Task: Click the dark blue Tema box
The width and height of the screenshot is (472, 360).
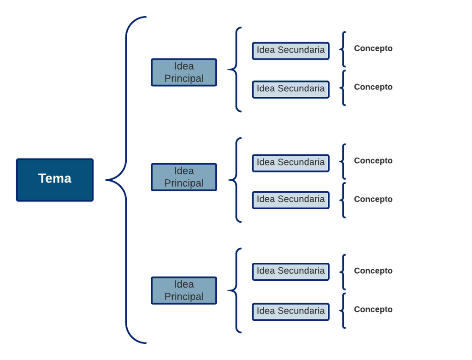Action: point(55,180)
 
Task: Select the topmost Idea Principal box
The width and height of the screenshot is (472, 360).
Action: point(184,72)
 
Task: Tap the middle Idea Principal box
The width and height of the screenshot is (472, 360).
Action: point(184,177)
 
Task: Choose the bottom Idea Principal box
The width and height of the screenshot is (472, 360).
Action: point(184,290)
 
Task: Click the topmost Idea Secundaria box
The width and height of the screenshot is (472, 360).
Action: point(291,51)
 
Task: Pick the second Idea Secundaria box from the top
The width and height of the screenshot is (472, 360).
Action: point(291,89)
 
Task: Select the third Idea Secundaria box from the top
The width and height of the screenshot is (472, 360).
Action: point(291,163)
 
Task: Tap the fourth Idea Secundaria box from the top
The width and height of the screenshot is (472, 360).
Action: point(291,200)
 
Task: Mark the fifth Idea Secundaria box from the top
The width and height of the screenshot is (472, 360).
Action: point(291,272)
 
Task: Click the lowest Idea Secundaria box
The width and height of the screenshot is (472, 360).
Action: point(291,312)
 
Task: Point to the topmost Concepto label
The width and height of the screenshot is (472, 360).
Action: point(373,48)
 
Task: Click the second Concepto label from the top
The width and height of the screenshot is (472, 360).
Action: point(373,87)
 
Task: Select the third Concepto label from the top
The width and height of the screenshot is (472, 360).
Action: point(373,161)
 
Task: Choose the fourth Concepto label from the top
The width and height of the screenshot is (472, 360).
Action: point(373,199)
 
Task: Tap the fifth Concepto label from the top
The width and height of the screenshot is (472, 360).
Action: point(373,271)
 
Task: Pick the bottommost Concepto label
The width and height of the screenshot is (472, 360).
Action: point(373,309)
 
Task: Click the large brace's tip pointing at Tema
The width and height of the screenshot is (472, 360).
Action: point(106,180)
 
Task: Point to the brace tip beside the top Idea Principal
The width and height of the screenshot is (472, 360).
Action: point(228,70)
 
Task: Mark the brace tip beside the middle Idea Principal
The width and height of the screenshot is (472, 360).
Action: point(228,180)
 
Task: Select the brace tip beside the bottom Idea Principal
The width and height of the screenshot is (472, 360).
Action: point(228,290)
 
